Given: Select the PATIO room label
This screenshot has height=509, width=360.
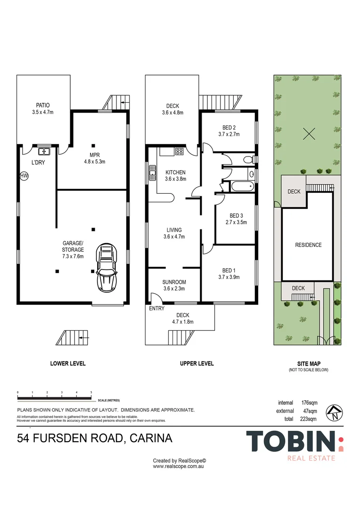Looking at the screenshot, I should tap(43, 106).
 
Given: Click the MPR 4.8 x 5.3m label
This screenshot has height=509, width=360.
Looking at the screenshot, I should tap(93, 156).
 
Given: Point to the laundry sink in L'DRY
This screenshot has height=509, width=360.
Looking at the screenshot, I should tap(44, 151).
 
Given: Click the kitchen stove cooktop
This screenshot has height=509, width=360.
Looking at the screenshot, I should tap(179, 151).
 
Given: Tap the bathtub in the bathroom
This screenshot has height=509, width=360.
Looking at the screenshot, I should tap(242, 186).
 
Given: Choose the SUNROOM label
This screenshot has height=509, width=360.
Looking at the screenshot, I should tap(174, 282).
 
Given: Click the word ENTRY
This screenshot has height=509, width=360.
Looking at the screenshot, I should tap(157, 308).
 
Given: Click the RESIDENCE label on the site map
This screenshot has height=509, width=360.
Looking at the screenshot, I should tap(308, 245).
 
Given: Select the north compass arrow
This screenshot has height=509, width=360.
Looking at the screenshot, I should tap(334, 413).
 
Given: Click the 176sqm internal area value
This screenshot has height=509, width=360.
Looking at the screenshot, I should tap(309, 403).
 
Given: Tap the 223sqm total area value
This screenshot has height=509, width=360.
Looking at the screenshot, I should tap(309, 419).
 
